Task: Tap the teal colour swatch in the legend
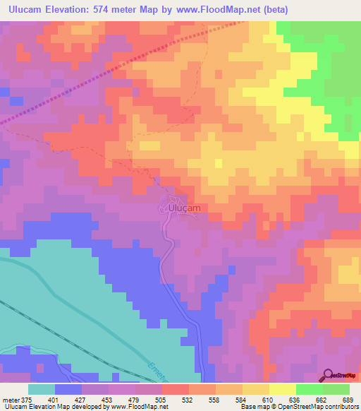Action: pos(41,389)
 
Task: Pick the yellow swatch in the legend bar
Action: pos(282,389)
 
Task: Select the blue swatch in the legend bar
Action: pos(68,389)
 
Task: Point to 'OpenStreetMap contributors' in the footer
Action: pos(320,407)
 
